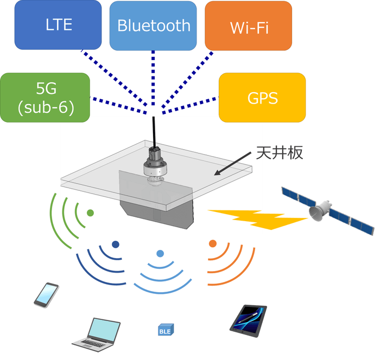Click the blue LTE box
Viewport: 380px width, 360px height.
pos(59,25)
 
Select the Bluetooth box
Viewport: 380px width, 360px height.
pos(154,25)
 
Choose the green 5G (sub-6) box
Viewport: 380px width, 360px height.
pos(45,98)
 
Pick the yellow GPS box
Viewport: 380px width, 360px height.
pos(262,98)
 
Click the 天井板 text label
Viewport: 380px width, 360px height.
pos(279,152)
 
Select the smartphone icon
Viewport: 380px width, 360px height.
pos(46,294)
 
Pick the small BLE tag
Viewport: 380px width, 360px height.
pos(164,330)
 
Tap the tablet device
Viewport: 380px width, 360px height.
pos(248,319)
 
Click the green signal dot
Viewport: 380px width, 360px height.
pos(90,213)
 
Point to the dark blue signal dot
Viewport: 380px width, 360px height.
pos(115,245)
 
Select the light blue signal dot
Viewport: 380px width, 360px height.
pos(160,254)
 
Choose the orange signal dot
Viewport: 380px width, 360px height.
pos(213,244)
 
